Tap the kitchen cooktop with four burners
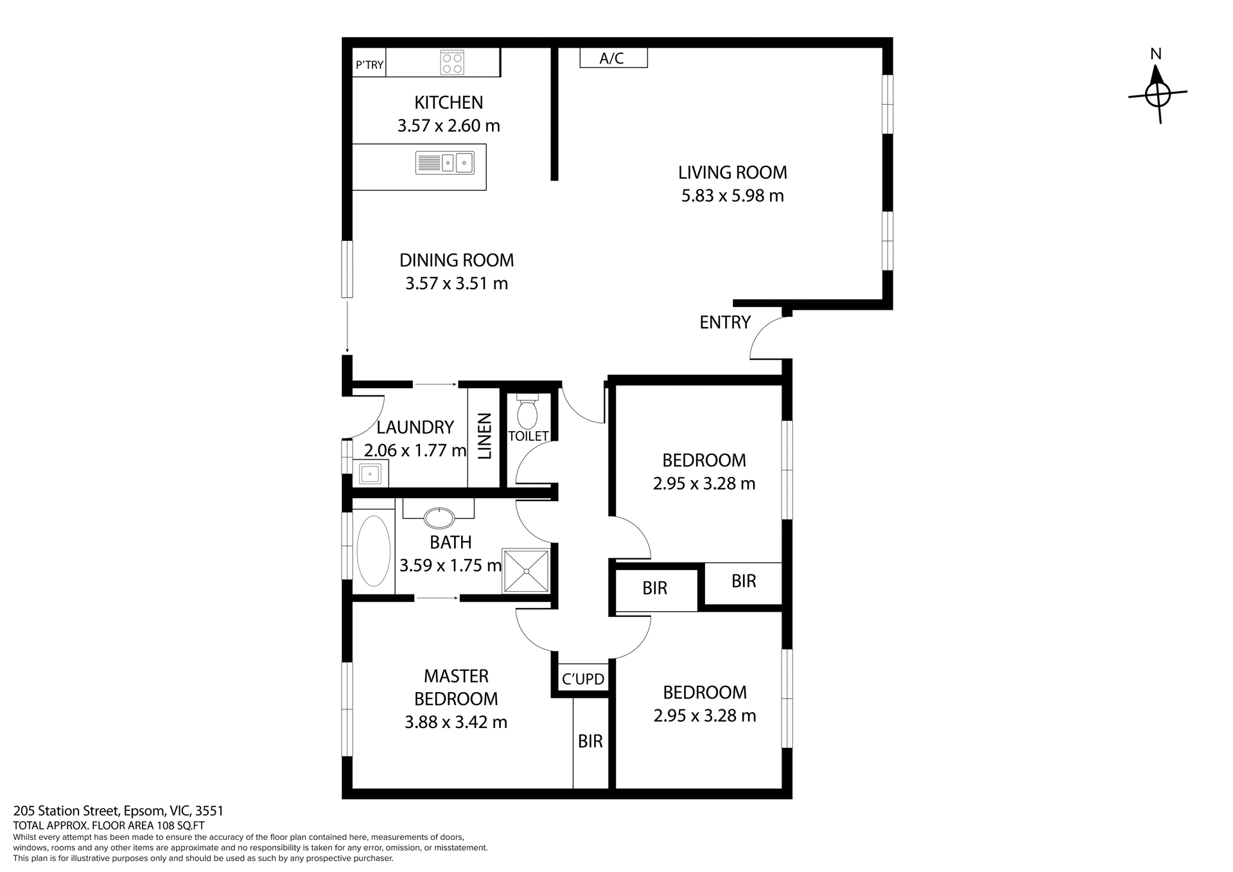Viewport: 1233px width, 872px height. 452,63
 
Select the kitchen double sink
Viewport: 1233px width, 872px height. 445,163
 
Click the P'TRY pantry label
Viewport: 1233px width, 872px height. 369,65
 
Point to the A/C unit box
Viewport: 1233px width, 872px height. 613,58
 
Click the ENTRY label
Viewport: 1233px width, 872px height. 725,323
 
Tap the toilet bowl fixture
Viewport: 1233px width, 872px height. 527,413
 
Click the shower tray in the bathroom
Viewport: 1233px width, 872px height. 526,570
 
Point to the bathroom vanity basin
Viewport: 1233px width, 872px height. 439,516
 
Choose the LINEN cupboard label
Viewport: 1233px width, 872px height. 484,436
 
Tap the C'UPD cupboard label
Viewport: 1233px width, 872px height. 583,679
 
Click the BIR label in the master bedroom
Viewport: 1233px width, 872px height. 590,742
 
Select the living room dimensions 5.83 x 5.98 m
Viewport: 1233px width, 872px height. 733,195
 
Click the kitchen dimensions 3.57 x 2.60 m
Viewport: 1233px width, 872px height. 448,126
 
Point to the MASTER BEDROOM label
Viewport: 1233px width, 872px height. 456,687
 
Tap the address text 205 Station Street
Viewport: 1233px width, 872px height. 118,811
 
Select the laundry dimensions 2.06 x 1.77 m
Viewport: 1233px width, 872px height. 415,450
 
